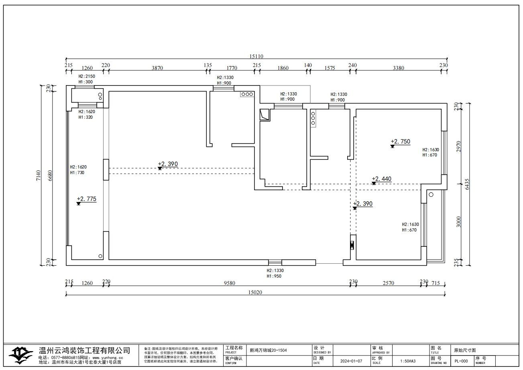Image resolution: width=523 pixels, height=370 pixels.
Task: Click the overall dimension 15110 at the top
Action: (x=256, y=57)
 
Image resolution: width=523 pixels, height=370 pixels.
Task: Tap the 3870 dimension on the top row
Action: (x=157, y=68)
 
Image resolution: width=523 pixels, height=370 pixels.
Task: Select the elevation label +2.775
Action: (x=87, y=199)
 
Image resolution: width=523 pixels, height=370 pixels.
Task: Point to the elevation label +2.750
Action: (x=400, y=141)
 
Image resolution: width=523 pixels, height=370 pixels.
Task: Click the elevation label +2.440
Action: (x=381, y=179)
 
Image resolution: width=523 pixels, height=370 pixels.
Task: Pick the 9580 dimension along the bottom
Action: (x=229, y=283)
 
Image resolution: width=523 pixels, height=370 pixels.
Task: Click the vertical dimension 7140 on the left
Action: (x=39, y=175)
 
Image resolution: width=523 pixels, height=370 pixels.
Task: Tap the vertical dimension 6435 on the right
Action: (x=467, y=184)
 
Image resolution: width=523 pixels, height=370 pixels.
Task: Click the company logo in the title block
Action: (x=21, y=354)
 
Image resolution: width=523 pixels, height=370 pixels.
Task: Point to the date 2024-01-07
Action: (x=351, y=361)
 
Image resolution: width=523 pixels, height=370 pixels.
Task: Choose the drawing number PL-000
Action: (x=461, y=361)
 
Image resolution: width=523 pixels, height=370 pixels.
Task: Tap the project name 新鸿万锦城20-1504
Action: (x=268, y=350)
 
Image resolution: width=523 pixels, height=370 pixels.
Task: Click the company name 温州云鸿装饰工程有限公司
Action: (x=84, y=351)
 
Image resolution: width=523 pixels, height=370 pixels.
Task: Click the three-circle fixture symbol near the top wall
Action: (x=247, y=94)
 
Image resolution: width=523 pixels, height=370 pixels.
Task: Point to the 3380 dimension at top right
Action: (x=398, y=68)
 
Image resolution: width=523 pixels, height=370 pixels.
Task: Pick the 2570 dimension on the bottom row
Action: (x=388, y=283)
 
